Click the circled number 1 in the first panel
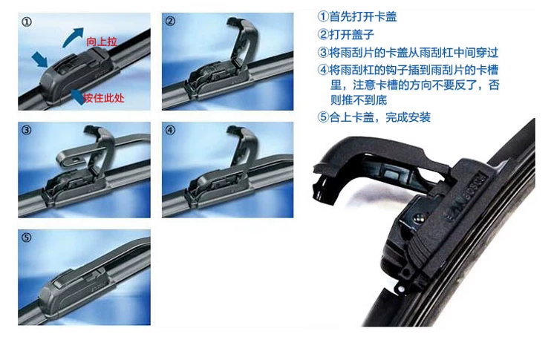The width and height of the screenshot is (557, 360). point(27,22)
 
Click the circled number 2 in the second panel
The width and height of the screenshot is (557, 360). point(170,21)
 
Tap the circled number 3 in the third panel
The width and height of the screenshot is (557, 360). point(27,130)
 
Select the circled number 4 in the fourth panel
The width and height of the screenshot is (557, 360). point(170,130)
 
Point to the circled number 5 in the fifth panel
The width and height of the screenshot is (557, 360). point(27,238)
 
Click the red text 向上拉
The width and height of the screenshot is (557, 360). point(102,42)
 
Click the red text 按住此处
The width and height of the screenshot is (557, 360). point(104,98)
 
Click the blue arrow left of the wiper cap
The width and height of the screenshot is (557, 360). point(40,59)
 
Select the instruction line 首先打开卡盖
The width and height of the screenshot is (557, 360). point(357,16)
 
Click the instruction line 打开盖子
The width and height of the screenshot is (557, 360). point(346,34)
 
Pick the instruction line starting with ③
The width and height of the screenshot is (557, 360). point(408,53)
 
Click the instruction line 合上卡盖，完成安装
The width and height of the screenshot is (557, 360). point(374,117)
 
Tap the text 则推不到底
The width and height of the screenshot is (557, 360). point(359,100)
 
